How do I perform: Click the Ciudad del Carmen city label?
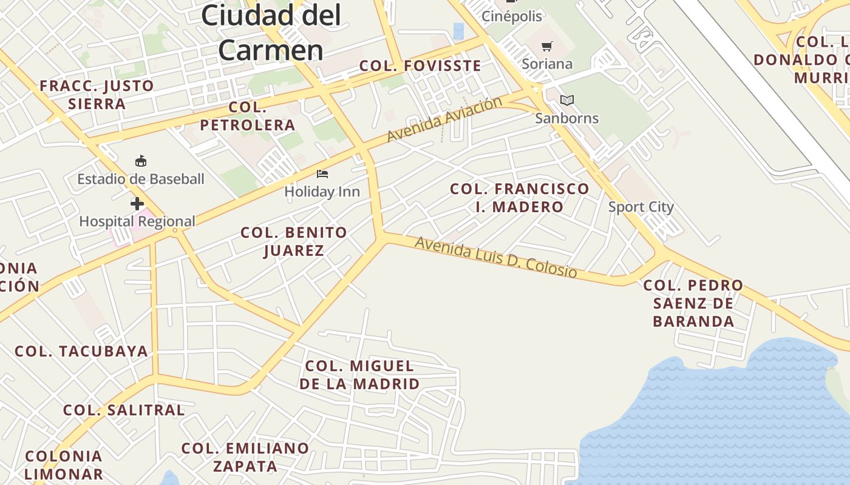click(271, 32)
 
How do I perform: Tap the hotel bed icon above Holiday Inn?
click(322, 175)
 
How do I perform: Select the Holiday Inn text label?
click(322, 192)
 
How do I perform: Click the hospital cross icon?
click(137, 204)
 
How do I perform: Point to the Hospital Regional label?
click(137, 221)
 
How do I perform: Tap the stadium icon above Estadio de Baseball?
click(141, 161)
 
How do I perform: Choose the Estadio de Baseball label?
click(141, 179)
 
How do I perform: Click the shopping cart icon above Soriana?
click(547, 46)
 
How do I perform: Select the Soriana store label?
click(547, 64)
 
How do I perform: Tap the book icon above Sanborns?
click(567, 100)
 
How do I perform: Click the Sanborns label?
click(567, 118)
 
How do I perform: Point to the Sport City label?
click(641, 207)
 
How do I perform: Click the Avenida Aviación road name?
click(444, 119)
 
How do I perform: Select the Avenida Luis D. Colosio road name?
click(495, 257)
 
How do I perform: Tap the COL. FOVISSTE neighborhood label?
click(420, 65)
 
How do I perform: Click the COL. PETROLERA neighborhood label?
click(248, 116)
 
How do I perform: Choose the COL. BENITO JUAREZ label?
click(294, 241)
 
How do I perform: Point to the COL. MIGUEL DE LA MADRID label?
click(359, 375)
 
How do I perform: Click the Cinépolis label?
click(512, 16)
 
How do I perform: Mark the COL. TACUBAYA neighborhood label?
click(81, 351)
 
